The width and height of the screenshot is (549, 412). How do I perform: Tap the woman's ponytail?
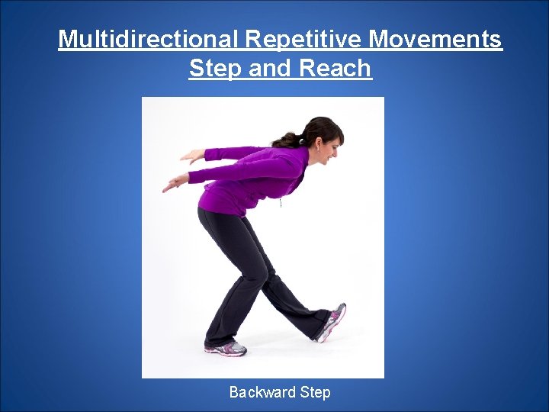pyautogui.click(x=288, y=139)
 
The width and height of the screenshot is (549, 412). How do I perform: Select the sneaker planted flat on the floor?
pyautogui.click(x=226, y=348)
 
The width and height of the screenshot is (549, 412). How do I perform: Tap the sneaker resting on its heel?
pyautogui.click(x=332, y=322)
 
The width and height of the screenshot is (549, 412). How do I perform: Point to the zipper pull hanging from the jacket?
pyautogui.click(x=281, y=203)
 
